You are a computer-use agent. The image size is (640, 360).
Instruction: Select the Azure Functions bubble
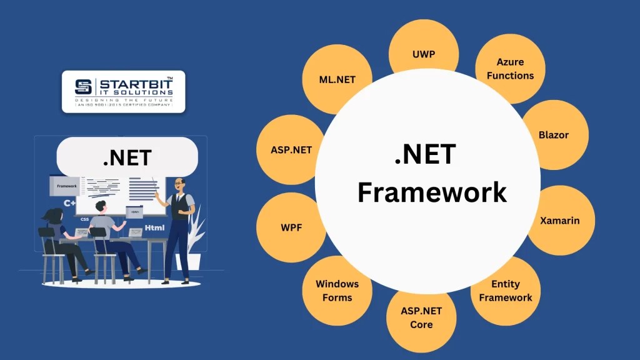coord(511,69)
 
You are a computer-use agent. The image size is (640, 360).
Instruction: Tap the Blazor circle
coord(553,135)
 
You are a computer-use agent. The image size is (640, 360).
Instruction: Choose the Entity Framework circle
coord(506,291)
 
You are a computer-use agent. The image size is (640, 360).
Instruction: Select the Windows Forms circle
coord(337,291)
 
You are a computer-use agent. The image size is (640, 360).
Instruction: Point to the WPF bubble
coord(291,227)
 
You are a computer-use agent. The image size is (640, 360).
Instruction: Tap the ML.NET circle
coord(337,80)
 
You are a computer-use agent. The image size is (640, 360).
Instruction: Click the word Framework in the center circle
coord(432,192)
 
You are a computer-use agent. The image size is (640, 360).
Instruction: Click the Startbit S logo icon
coord(83,87)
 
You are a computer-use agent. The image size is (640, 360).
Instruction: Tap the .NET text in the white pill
coord(127,157)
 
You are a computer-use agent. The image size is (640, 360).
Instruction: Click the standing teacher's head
coord(180,184)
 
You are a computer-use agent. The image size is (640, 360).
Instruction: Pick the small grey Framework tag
coord(66,186)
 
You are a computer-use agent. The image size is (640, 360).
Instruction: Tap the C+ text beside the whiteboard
coord(69,203)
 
